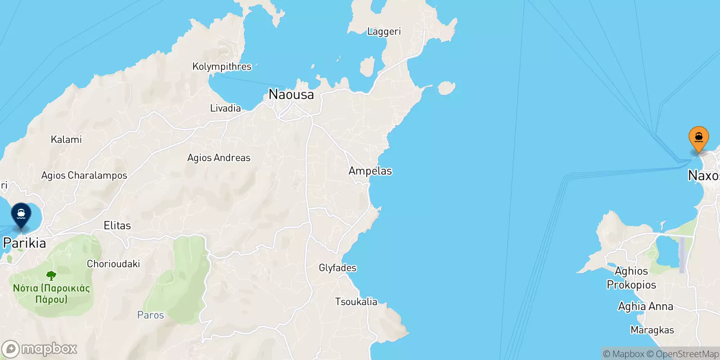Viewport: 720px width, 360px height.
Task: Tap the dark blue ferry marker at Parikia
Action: tap(21, 215)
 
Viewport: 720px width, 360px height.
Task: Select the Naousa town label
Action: tap(291, 94)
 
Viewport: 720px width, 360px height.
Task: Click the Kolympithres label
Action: tap(222, 67)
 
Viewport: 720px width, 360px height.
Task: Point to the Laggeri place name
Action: tap(384, 31)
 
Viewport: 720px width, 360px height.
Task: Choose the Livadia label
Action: tap(225, 108)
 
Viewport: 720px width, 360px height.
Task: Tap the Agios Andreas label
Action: tap(219, 157)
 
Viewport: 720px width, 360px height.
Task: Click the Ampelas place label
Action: tap(370, 171)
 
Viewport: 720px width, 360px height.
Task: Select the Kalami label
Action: tap(66, 139)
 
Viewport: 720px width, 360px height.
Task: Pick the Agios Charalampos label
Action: tap(84, 175)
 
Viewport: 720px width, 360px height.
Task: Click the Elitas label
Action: tap(117, 225)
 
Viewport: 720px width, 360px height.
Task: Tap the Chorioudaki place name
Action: tap(113, 264)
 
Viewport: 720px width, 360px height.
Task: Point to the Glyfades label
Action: tap(337, 268)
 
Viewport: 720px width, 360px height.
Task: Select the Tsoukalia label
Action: tap(356, 301)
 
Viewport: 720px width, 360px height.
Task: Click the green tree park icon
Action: tap(51, 275)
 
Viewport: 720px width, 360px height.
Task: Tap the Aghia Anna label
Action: tap(645, 306)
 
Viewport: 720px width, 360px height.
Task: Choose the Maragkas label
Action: tap(652, 330)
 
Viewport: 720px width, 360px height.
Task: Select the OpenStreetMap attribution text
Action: tap(687, 354)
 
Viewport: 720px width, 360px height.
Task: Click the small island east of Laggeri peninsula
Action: tap(446, 88)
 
